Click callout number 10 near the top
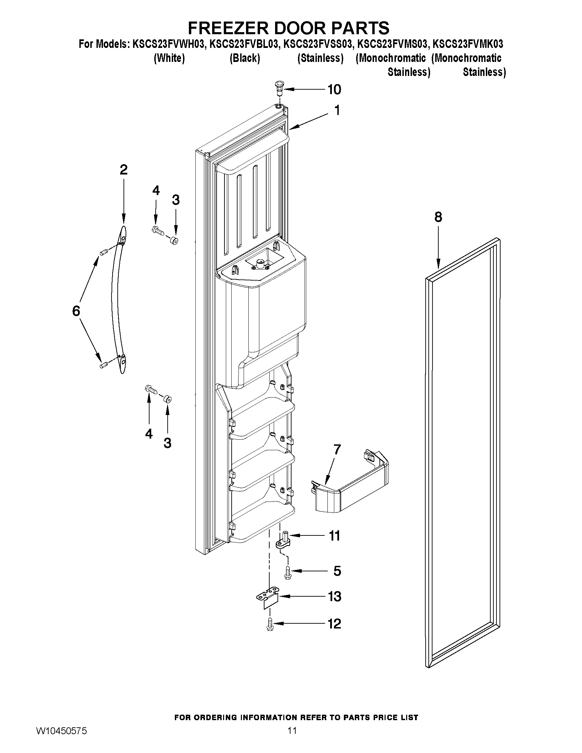(334, 89)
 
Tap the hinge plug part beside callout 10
(279, 88)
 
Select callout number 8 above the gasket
(438, 217)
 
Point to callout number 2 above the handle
(124, 169)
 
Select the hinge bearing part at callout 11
(283, 541)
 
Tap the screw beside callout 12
(270, 625)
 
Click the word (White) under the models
(169, 58)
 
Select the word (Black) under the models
(244, 58)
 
